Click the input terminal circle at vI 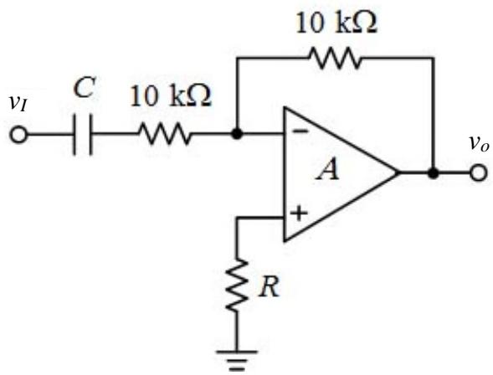(x=18, y=135)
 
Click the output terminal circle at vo (x=479, y=173)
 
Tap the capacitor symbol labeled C (x=83, y=135)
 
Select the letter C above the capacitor (x=84, y=89)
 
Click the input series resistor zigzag (x=164, y=134)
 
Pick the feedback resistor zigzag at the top (x=335, y=58)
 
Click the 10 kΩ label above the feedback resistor (x=336, y=23)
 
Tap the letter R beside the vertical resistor (x=270, y=287)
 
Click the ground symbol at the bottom (x=237, y=361)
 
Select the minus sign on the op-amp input (x=300, y=131)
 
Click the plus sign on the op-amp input (x=299, y=213)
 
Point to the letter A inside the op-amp (x=328, y=169)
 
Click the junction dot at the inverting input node (x=237, y=134)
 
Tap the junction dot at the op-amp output (x=434, y=173)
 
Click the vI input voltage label (x=18, y=103)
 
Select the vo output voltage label (x=480, y=144)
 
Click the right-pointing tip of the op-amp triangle (x=398, y=172)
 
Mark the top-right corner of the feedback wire (x=434, y=58)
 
